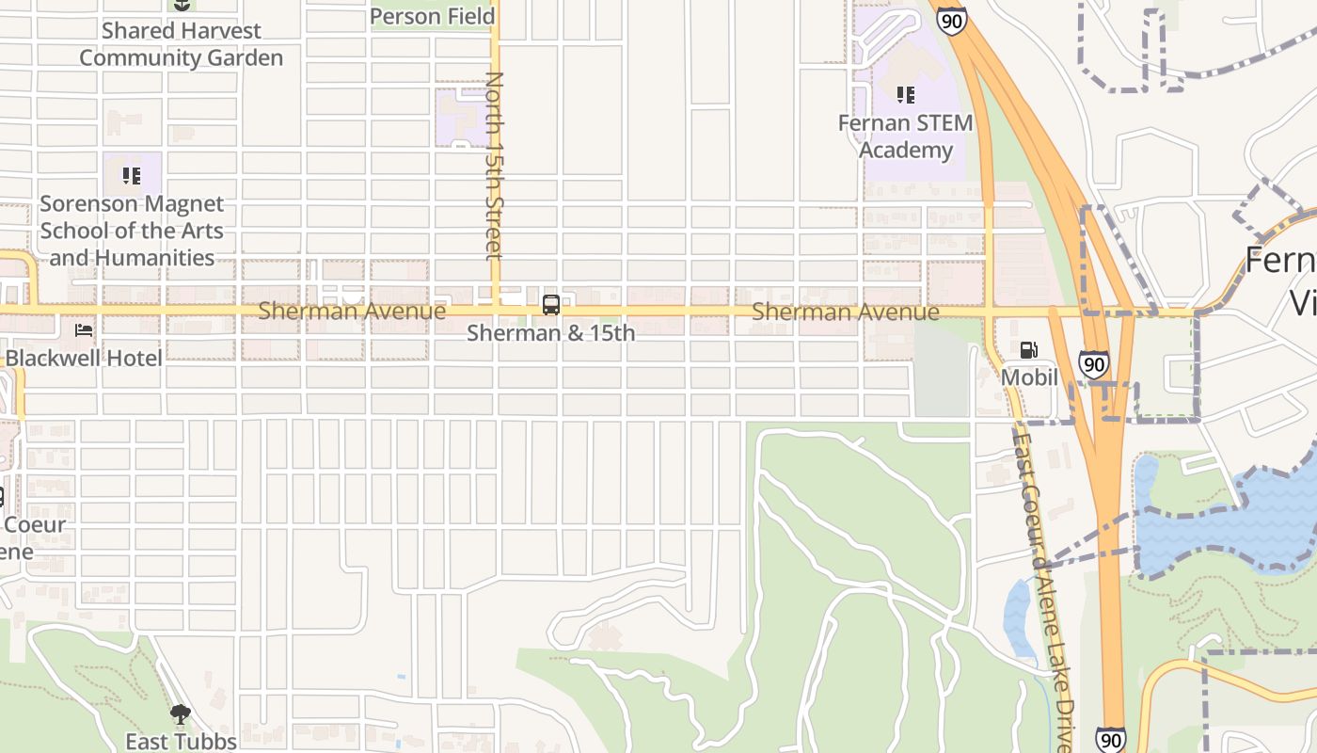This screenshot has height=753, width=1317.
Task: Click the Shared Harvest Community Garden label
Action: tap(181, 44)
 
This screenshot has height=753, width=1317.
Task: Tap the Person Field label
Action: tap(432, 16)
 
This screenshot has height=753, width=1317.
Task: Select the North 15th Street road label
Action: tap(494, 165)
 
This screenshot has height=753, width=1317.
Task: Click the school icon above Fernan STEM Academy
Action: tap(905, 94)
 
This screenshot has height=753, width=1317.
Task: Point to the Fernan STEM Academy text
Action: tap(906, 136)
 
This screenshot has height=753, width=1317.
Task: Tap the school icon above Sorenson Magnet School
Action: tap(131, 175)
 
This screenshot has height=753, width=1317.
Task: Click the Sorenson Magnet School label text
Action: tap(132, 231)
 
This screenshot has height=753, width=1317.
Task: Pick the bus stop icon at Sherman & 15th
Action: tap(551, 305)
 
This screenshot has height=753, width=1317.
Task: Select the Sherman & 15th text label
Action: tap(551, 333)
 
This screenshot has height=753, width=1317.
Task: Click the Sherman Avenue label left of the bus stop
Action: tap(352, 311)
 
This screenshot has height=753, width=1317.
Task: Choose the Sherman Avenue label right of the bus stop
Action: tap(845, 312)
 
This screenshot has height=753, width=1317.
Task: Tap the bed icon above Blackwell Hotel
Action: tap(84, 330)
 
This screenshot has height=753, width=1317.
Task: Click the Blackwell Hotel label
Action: tap(84, 359)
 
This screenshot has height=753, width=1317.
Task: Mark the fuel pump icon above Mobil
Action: tap(1029, 350)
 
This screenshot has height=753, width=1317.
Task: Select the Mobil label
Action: tap(1029, 377)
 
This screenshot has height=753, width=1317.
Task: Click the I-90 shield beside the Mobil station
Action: tap(1092, 363)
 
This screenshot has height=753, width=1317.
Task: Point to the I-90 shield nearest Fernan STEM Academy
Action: tap(952, 21)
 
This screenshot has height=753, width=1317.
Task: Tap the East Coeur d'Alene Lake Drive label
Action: tap(1045, 584)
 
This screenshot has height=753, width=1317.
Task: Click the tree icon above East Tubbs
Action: tap(181, 714)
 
